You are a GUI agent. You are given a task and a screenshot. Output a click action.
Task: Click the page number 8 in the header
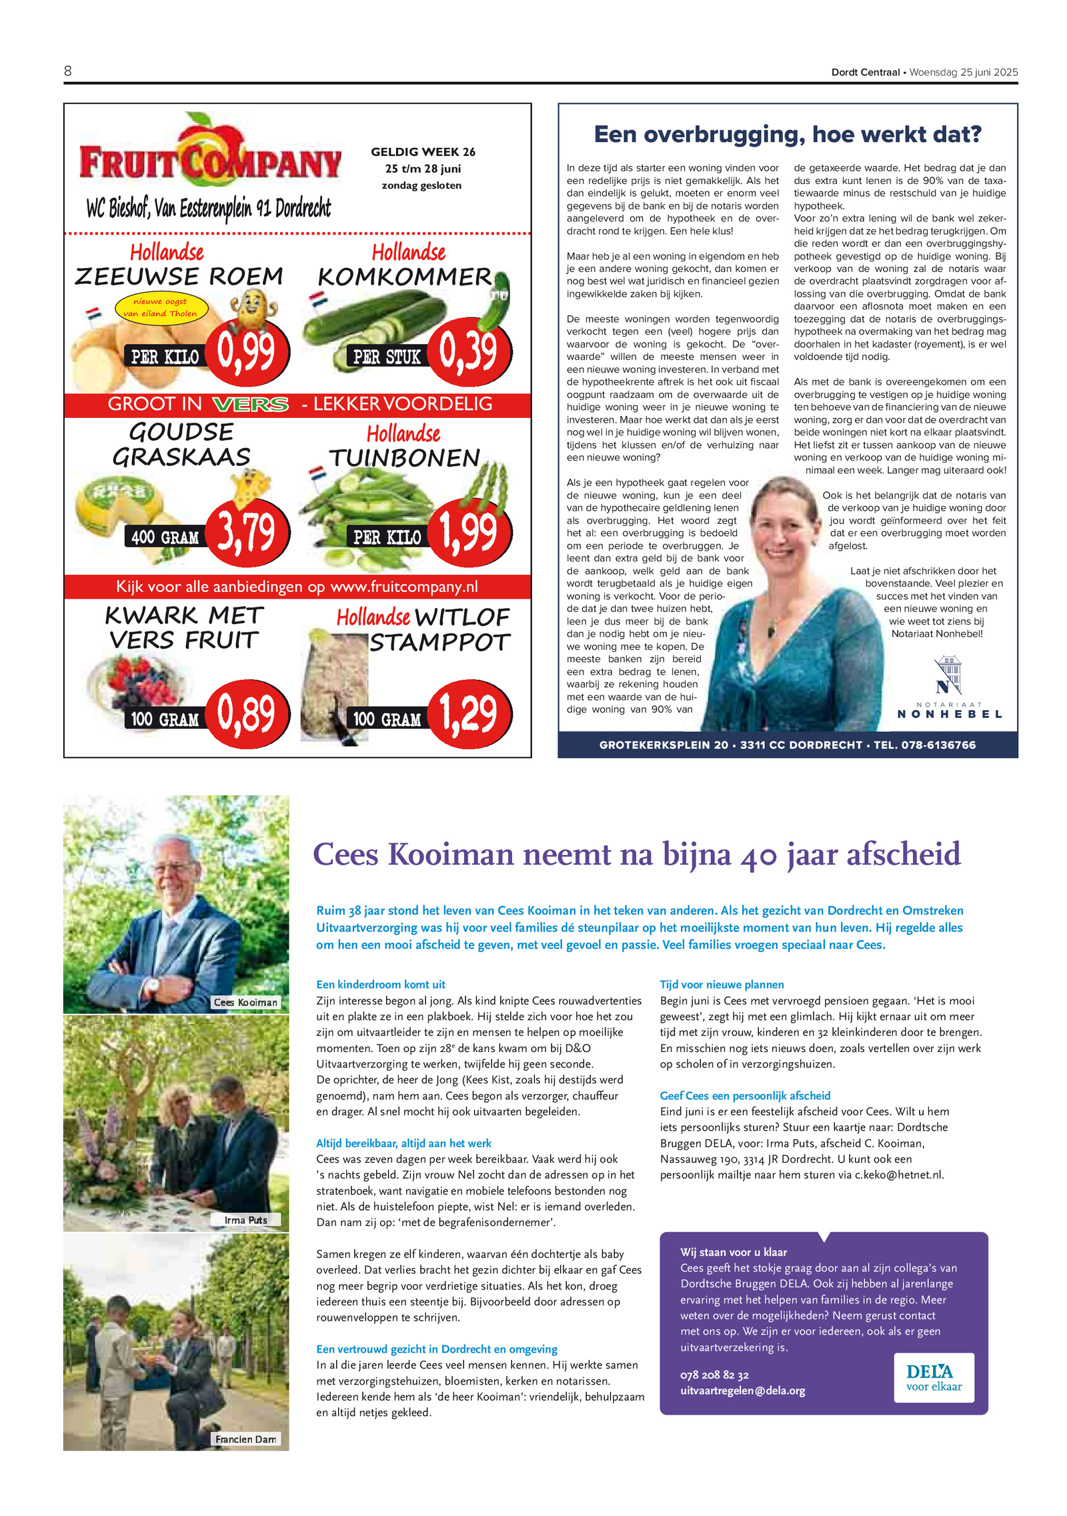click(68, 71)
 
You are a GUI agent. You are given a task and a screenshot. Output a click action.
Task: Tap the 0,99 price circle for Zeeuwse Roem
click(246, 351)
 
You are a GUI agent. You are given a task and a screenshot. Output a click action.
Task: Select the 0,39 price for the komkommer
click(469, 351)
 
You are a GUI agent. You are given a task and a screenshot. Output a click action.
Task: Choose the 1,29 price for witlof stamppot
click(469, 713)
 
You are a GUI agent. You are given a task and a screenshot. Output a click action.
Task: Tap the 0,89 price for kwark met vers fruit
click(246, 713)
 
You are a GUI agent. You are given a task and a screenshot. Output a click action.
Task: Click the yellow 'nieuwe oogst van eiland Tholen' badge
click(161, 307)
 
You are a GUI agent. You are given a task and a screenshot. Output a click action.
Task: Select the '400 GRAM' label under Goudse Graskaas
click(165, 537)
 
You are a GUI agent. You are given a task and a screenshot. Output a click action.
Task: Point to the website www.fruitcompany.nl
click(404, 587)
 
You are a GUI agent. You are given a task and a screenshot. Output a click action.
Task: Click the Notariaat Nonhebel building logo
click(948, 675)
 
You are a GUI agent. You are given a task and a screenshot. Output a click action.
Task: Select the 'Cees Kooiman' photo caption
click(245, 1002)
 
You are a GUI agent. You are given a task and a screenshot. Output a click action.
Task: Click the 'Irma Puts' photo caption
click(245, 1220)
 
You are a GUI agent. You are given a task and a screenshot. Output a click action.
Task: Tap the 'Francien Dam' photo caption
click(245, 1439)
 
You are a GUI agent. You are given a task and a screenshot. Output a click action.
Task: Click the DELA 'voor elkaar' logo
click(934, 1377)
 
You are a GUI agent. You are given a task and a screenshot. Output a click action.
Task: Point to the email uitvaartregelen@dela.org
click(742, 1391)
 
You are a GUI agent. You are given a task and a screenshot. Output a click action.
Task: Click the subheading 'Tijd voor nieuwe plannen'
click(722, 984)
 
